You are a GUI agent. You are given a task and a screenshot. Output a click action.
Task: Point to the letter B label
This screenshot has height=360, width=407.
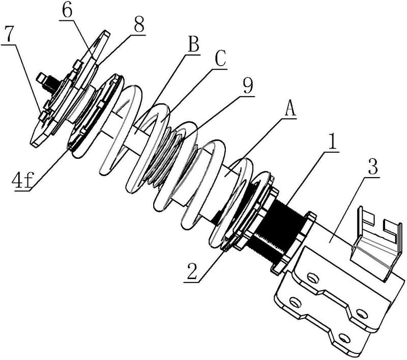click(193, 45)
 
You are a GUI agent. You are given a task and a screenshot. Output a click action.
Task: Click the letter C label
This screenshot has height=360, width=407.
click(220, 60)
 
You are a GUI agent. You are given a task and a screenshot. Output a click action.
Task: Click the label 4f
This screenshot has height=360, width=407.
click(22, 181)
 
